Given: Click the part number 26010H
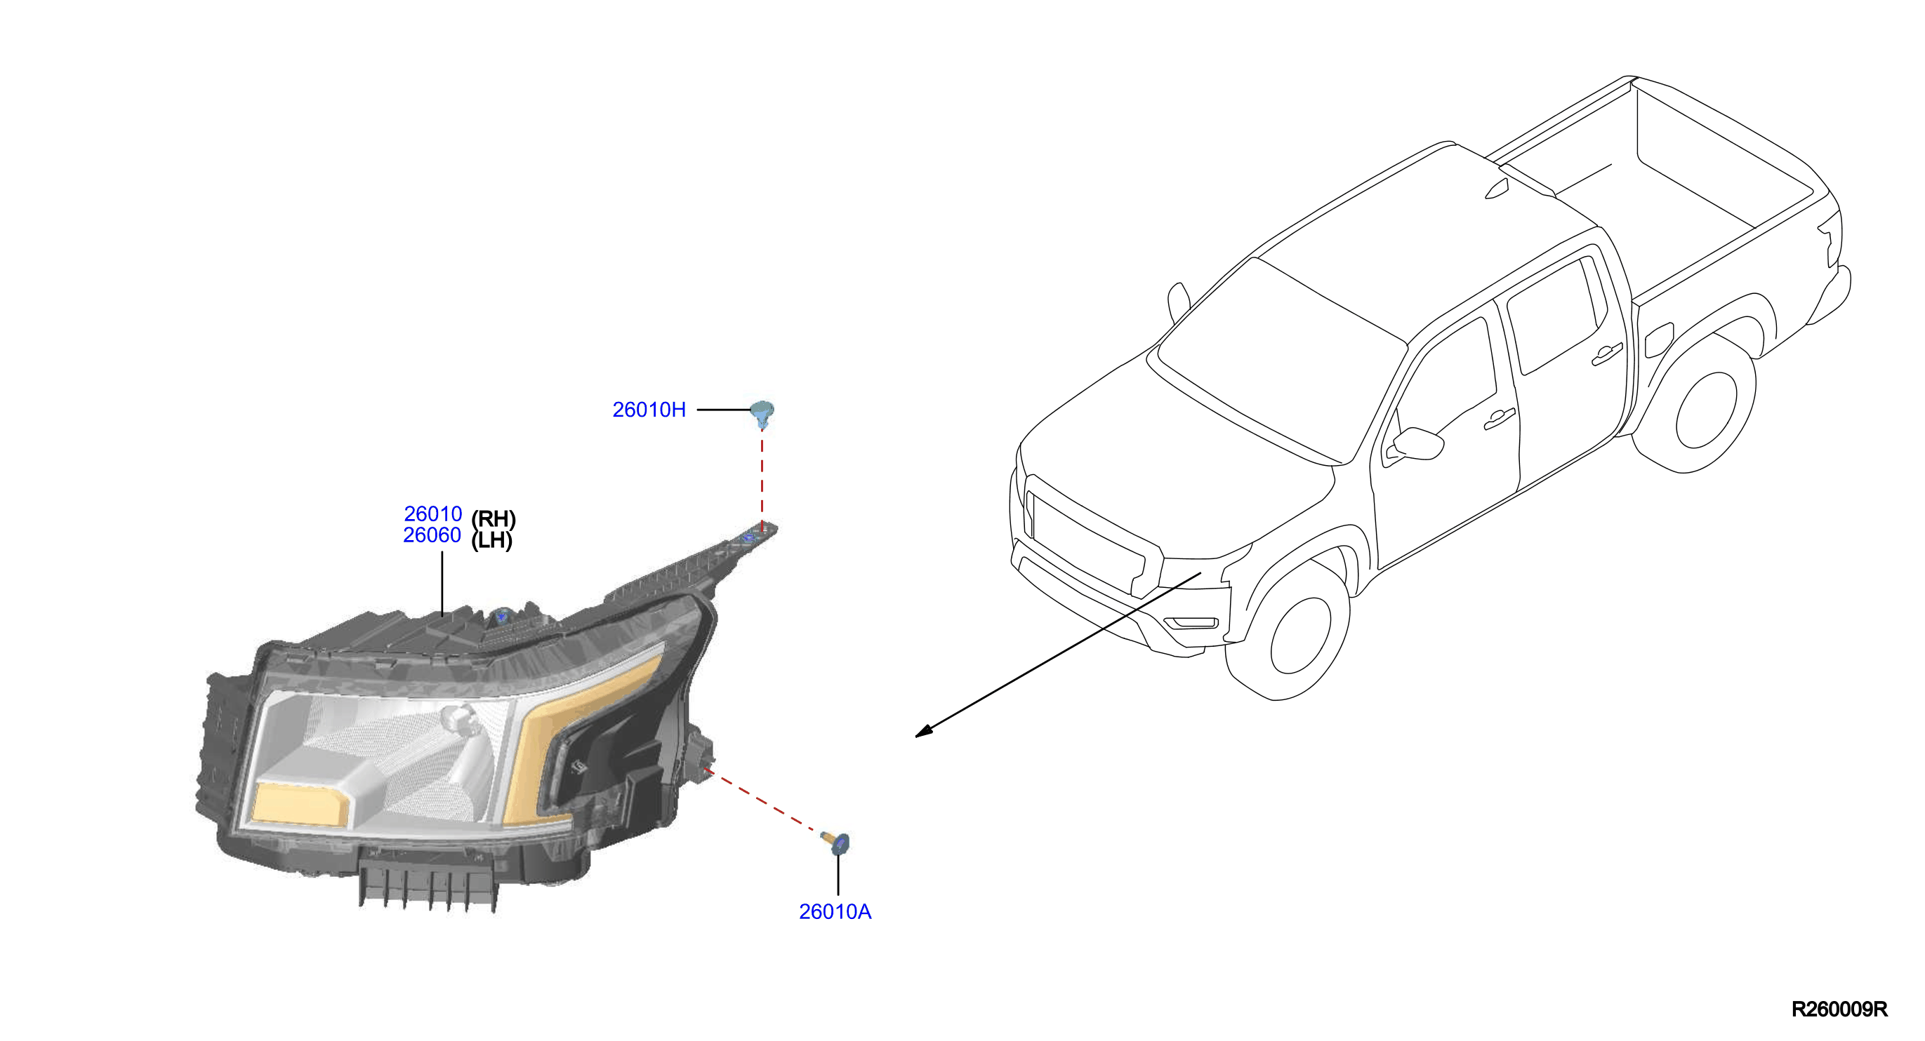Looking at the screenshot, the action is (x=649, y=410).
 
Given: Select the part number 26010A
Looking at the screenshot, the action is (x=835, y=912).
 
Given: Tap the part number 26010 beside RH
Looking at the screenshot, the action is (x=432, y=513).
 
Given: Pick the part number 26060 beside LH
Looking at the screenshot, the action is (x=432, y=535).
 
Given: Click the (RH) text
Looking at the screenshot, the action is (x=494, y=519).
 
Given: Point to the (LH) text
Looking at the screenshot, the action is (x=491, y=540).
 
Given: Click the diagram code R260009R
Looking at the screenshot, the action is (x=1839, y=1009).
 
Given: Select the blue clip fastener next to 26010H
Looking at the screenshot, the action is (x=762, y=413).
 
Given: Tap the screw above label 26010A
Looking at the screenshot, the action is (x=835, y=842).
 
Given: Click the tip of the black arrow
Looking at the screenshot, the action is (x=916, y=737).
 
